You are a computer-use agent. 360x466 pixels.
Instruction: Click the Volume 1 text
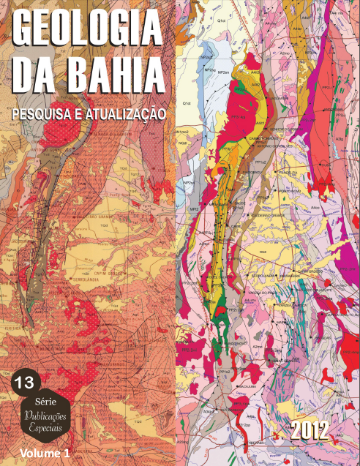click(x=46, y=453)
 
